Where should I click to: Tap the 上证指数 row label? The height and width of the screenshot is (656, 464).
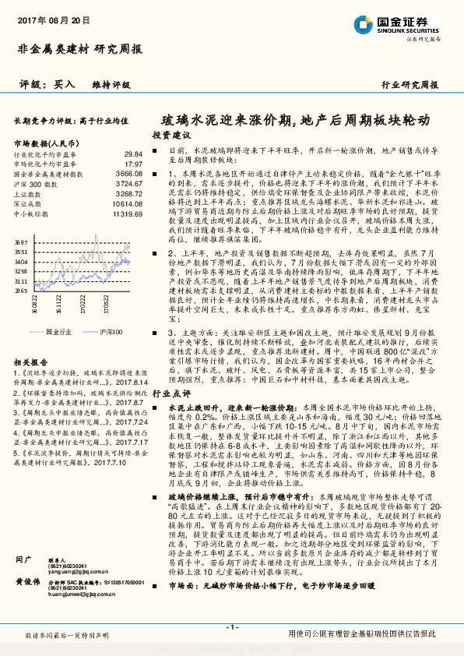click(29, 193)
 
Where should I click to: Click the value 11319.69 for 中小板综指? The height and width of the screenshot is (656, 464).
click(127, 213)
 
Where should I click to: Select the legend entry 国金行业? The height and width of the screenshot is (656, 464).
click(60, 331)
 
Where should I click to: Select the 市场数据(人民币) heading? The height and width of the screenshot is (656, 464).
click(46, 143)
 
